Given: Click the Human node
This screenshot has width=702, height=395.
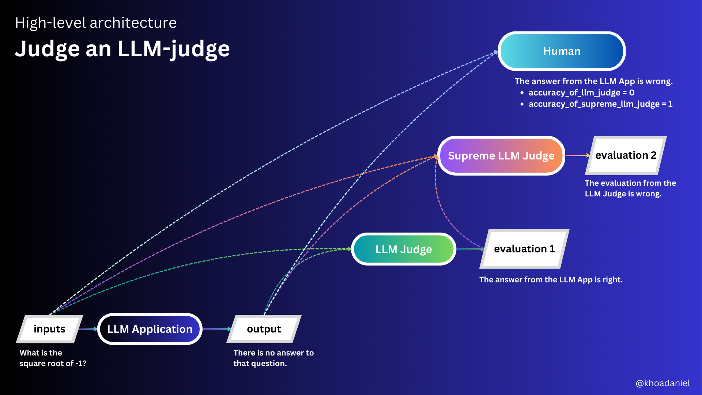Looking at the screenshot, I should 562,51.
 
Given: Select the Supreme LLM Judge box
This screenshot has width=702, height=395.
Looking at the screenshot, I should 501,156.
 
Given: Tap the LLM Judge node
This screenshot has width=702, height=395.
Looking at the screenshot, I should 404,249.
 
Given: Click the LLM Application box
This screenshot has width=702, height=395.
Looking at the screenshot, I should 150,329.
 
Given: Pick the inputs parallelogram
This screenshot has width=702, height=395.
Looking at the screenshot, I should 49,329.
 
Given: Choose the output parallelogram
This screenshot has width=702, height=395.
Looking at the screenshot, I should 264,329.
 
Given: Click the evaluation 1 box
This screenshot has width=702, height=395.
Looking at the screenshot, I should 524,249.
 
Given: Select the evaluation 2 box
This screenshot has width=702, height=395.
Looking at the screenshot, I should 626,155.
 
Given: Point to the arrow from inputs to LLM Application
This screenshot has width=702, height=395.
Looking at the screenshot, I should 88,329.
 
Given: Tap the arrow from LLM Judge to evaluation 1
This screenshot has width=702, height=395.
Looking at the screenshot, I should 470,249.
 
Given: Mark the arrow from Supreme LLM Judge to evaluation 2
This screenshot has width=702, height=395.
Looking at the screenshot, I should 577,155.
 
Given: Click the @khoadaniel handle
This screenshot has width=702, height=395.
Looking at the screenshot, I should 663,383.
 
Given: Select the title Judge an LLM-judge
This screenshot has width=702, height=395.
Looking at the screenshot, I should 122,49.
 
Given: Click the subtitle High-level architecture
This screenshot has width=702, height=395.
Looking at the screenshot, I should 96,23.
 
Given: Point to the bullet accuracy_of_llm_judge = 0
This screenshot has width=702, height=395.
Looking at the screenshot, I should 581,93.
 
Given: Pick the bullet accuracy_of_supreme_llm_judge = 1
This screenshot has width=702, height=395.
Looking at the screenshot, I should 600,104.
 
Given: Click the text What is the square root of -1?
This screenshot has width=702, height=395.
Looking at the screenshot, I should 53,358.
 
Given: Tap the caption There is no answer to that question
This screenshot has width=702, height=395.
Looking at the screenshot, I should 273,358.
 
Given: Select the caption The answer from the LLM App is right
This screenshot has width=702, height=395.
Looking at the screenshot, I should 551,280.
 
